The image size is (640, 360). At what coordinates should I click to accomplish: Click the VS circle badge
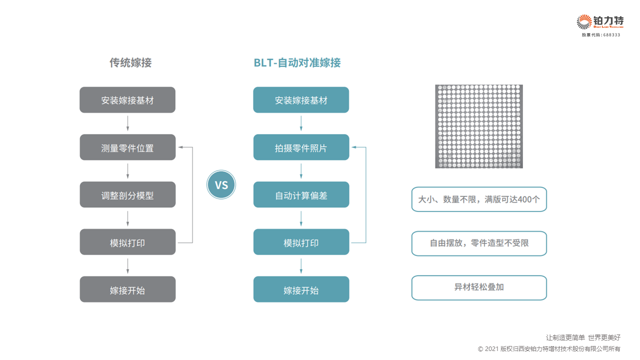(x=221, y=184)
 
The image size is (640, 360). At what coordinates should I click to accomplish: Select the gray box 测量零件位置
(x=127, y=147)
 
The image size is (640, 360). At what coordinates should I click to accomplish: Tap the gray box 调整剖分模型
(x=127, y=194)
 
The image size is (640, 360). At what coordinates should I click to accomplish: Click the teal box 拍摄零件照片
(x=301, y=147)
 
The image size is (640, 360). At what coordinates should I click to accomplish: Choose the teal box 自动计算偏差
(x=301, y=194)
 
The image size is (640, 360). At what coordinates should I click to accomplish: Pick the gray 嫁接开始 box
(x=127, y=289)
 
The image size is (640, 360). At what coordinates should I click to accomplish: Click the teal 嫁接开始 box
(x=301, y=289)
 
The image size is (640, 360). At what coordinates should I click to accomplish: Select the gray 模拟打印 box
(x=127, y=242)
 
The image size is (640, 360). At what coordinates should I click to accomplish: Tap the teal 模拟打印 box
(x=301, y=242)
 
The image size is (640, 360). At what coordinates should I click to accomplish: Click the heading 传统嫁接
(x=130, y=62)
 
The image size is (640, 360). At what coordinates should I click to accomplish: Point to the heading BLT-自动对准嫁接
(x=297, y=62)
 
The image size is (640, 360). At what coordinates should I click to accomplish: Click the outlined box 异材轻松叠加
(x=479, y=287)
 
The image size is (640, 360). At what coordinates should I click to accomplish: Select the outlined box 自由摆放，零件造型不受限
(x=479, y=243)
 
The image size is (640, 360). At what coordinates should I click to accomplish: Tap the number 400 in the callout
(x=525, y=199)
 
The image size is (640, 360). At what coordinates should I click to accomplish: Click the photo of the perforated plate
(x=479, y=126)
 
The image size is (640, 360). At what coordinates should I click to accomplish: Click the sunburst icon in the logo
(x=584, y=22)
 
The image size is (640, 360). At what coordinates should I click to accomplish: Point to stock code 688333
(x=611, y=35)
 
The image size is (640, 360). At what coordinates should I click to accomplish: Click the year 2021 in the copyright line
(x=491, y=349)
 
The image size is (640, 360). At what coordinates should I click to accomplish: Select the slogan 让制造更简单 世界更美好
(x=583, y=337)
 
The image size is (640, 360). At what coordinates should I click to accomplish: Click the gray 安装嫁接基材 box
(x=127, y=100)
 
